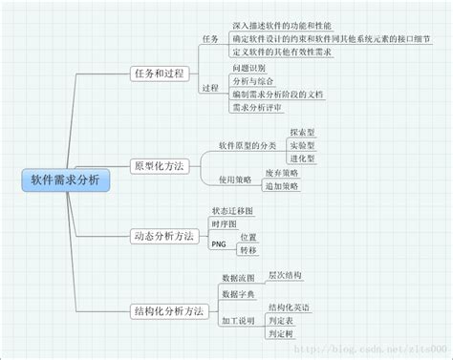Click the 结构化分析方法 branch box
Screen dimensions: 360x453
170,310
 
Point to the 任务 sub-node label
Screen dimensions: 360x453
210,39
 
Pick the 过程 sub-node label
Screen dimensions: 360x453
210,88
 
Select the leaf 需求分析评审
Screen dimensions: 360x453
255,108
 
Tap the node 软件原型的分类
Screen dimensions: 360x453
247,145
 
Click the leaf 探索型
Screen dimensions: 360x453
302,131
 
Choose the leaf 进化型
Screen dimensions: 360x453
302,158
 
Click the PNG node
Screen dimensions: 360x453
219,243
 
